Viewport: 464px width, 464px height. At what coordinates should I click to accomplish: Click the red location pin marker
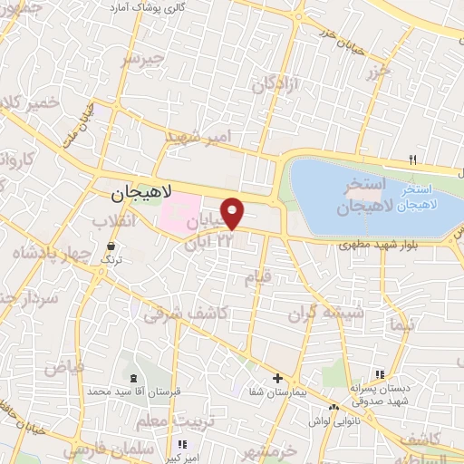pos(234,214)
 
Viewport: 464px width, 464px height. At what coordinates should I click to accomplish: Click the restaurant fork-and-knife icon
pos(413,160)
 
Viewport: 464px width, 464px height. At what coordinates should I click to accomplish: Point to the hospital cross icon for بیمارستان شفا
pos(277,378)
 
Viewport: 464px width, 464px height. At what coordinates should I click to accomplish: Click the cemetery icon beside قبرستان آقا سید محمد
pos(134,378)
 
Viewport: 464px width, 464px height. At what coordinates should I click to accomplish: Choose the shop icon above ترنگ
pos(111,246)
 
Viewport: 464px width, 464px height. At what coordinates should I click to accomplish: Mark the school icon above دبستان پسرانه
pos(381,373)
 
